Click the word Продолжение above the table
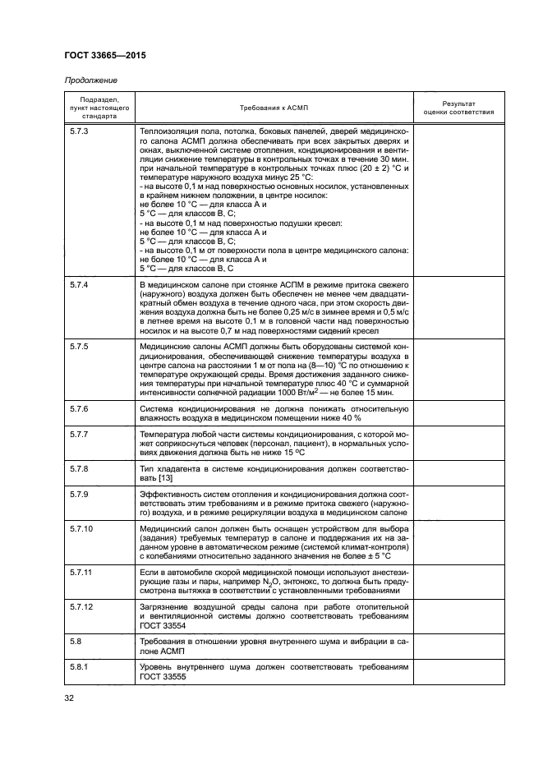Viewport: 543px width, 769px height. [x=90, y=81]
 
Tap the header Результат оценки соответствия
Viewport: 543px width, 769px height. [x=458, y=108]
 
